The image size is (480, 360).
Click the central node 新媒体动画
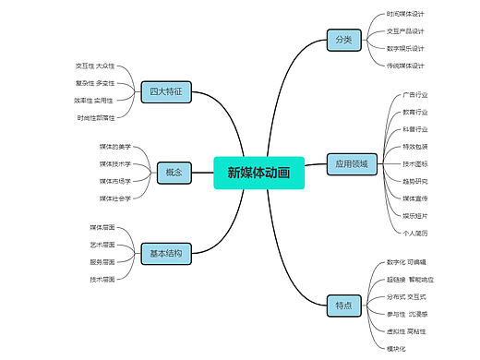tap(252, 172)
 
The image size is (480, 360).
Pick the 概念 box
tap(174, 172)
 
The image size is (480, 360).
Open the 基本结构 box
tap(166, 253)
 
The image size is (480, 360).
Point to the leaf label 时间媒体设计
tap(405, 14)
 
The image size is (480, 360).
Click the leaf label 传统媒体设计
tap(405, 66)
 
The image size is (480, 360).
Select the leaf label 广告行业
tap(415, 94)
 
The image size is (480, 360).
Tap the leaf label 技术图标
tap(415, 163)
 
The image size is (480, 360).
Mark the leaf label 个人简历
tap(415, 233)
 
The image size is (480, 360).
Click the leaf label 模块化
tap(396, 348)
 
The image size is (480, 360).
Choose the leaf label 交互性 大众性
tap(95, 66)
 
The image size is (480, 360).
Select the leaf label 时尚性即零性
tap(96, 117)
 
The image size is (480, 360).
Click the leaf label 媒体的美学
tap(115, 147)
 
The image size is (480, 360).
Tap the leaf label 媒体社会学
tap(115, 198)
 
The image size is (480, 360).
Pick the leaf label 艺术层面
tap(102, 245)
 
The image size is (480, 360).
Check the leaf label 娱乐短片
tap(415, 215)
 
